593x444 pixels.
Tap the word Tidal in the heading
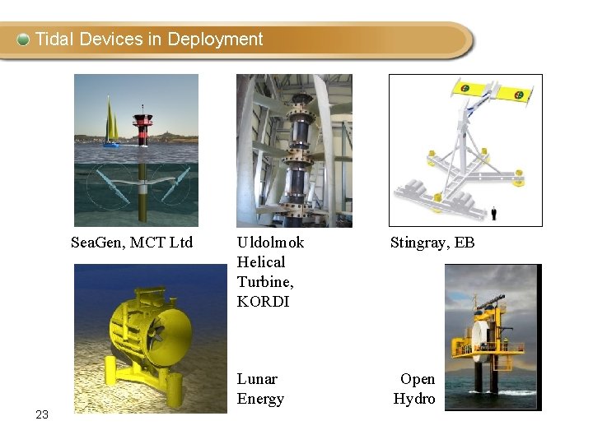pos(54,39)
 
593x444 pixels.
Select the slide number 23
pos(43,415)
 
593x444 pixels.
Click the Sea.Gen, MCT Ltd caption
pos(132,243)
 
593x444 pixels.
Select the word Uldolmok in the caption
pos(270,243)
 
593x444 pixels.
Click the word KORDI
pos(263,302)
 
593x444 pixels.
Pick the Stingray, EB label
pos(432,243)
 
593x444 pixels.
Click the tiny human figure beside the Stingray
pos(493,213)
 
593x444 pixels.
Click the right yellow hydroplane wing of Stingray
pos(516,95)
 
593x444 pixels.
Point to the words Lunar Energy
pos(260,389)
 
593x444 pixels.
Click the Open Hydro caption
pos(415,389)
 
